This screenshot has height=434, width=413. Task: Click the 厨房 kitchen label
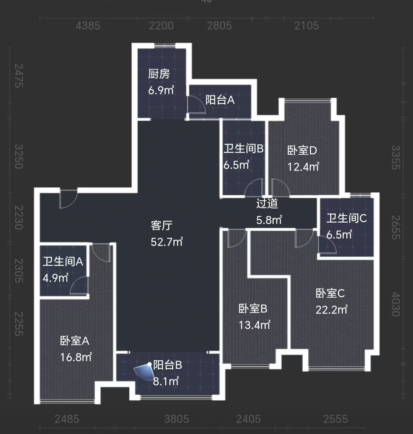coord(159,74)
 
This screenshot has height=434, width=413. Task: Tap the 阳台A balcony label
coord(220,100)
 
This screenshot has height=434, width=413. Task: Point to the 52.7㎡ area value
coord(167,242)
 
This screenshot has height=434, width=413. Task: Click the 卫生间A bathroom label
coord(63,262)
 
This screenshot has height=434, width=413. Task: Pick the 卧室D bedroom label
coord(302,150)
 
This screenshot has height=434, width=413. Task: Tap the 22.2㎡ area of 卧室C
coord(331,310)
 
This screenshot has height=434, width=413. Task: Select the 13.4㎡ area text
coord(254,325)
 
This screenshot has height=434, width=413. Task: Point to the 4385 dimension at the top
coord(88,26)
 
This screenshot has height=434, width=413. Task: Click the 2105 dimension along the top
coord(306,26)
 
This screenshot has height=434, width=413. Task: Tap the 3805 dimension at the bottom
coord(177,419)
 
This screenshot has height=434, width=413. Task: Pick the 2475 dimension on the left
coord(18,75)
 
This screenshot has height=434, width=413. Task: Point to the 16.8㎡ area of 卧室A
coord(76,357)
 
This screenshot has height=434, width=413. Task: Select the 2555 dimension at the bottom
coord(336,419)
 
